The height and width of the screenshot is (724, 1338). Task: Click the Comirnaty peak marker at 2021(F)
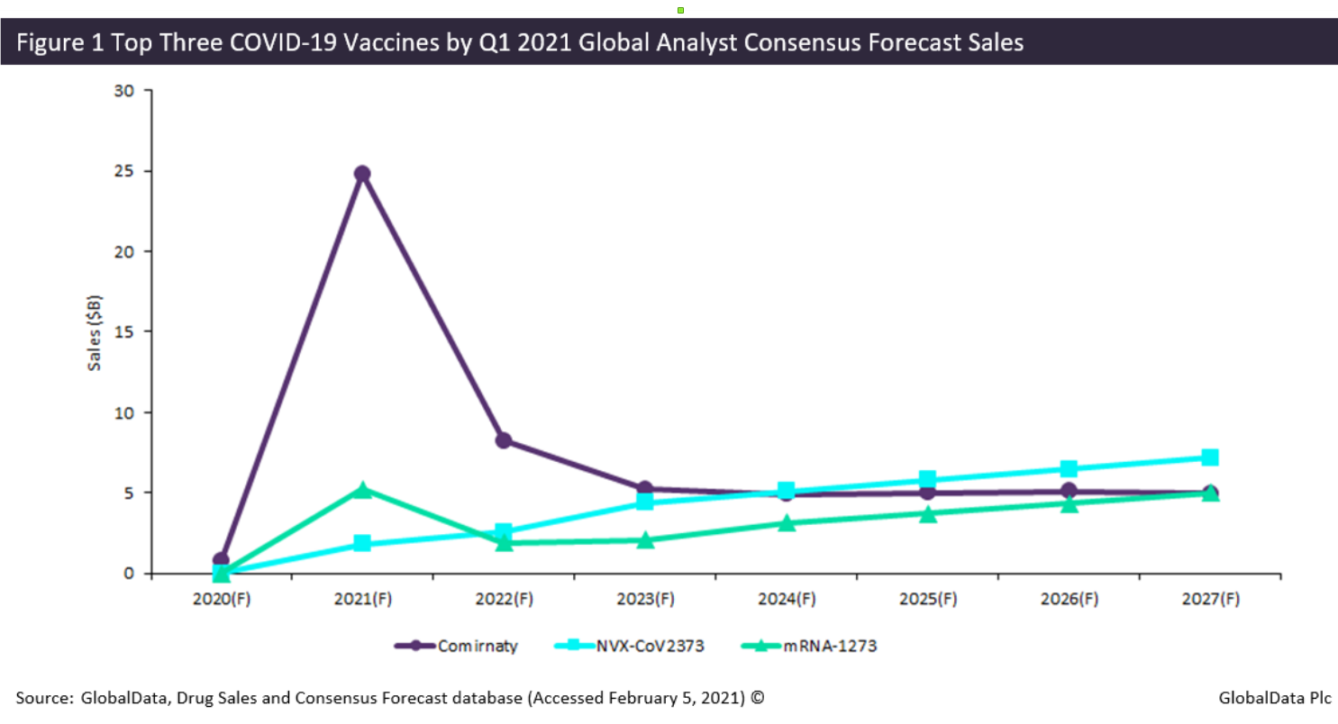point(362,174)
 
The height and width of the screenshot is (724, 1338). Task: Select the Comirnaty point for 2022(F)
point(504,440)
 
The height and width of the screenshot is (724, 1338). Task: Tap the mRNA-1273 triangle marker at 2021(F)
point(362,489)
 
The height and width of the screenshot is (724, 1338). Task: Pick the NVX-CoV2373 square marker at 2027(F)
point(1210,457)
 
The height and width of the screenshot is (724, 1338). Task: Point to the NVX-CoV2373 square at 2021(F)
point(362,543)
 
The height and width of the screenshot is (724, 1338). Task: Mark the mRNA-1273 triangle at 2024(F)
point(787,522)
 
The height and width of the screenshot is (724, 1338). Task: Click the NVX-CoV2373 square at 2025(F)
point(928,479)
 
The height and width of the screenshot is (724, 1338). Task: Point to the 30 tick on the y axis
point(127,91)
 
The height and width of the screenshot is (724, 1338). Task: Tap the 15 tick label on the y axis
point(127,331)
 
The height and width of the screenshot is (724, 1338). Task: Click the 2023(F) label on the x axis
point(645,599)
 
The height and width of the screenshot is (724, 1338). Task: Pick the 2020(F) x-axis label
point(221,599)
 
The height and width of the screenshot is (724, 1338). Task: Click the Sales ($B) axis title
point(94,331)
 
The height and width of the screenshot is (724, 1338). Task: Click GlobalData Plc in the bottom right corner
point(1274,697)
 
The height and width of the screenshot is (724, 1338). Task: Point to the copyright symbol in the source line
point(758,697)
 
